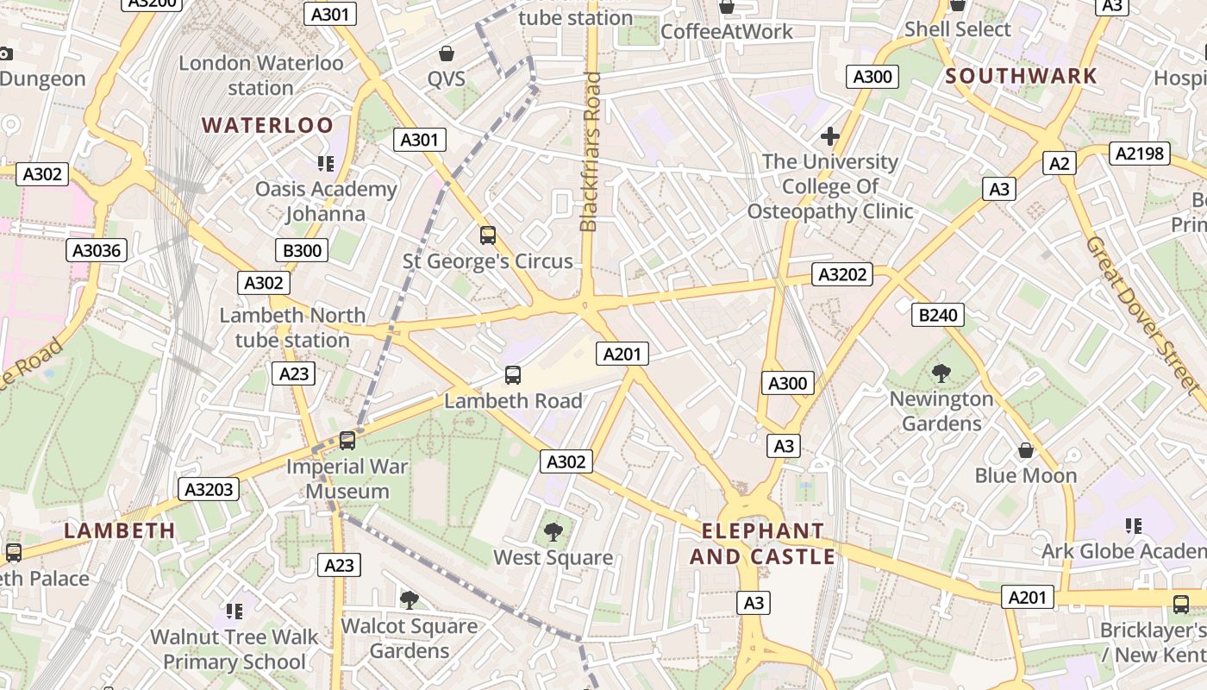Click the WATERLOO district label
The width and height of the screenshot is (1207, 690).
[x=267, y=125]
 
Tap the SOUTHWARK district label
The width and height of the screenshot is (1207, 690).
[x=1021, y=76]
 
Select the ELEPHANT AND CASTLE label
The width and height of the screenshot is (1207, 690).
[x=763, y=543]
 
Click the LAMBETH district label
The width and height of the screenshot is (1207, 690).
[x=120, y=530]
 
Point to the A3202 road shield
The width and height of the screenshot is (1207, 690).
[x=842, y=275]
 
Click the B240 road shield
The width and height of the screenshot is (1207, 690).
[x=937, y=315]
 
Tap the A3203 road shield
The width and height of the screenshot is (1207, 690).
[x=210, y=490]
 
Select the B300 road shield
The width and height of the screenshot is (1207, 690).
[x=302, y=251]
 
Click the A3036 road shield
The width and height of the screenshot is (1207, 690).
[x=97, y=251]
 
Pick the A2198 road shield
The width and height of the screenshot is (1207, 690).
[x=1139, y=154]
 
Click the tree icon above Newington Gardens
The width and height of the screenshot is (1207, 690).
[x=941, y=373]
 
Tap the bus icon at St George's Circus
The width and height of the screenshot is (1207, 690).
[x=487, y=235]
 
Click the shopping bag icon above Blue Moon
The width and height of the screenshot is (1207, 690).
[x=1025, y=450]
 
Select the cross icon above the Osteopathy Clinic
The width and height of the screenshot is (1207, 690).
[x=829, y=136]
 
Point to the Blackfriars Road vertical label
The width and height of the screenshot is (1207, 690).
[x=590, y=153]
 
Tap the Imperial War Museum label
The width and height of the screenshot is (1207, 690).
[x=348, y=479]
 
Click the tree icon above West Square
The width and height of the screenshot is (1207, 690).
[x=553, y=532]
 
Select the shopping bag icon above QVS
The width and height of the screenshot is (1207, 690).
[x=446, y=53]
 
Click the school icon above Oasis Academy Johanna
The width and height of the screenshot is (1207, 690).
[x=325, y=163]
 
